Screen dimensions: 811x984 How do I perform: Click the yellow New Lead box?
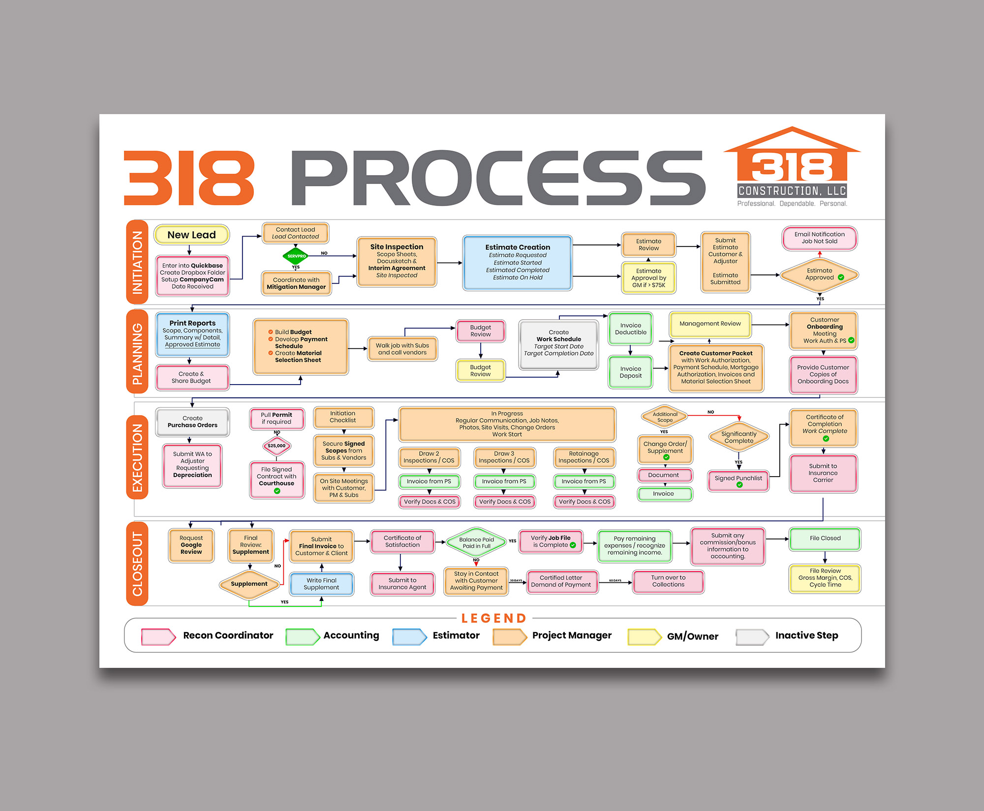coord(191,235)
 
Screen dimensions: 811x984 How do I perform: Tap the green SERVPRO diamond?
coord(296,256)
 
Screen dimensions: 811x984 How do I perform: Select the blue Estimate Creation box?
coord(517,263)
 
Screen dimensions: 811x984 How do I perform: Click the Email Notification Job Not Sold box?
coord(819,238)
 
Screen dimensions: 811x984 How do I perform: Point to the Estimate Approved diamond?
coord(819,274)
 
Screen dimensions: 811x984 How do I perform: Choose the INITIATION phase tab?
coord(137,262)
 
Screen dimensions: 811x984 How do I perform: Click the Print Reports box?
coord(192,334)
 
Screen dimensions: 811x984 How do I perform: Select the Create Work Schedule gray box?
coord(558,343)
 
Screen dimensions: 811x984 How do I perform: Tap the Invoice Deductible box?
coord(630,329)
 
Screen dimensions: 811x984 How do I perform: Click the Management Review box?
coord(709,324)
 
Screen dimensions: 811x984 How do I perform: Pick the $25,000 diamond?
coord(277,446)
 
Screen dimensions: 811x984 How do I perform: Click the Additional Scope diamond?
coord(665,417)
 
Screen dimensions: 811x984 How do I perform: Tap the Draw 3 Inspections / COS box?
coord(504,457)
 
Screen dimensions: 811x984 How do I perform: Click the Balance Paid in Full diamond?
coord(476,542)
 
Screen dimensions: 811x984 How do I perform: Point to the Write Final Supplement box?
coord(321,584)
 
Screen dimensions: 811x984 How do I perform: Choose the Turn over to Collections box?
coord(668,581)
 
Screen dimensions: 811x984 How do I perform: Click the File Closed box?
coord(825,539)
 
